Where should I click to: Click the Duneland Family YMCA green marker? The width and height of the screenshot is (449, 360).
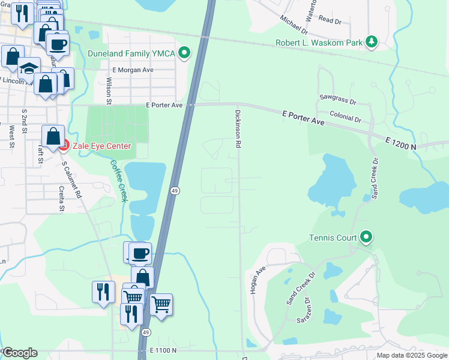pos(185,54)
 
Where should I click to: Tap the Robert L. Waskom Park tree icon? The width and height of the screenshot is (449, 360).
pos(373,42)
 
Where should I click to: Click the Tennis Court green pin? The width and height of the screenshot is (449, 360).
pos(366,238)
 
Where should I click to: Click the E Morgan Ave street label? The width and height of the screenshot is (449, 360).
pos(133,70)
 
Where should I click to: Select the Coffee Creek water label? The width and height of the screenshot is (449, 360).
pos(118,181)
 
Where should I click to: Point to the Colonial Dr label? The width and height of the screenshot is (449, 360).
pos(345,116)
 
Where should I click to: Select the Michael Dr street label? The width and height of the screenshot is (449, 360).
pos(294,24)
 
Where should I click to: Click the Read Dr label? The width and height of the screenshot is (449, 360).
pos(330,20)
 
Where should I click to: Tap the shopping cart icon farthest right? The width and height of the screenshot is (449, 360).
pos(161,305)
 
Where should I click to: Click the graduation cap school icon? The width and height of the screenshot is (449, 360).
pos(28,68)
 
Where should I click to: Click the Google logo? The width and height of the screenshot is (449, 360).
pos(20,353)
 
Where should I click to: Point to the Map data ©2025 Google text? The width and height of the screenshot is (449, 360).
pos(411,355)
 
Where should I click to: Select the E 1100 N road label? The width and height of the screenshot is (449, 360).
pos(163,350)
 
